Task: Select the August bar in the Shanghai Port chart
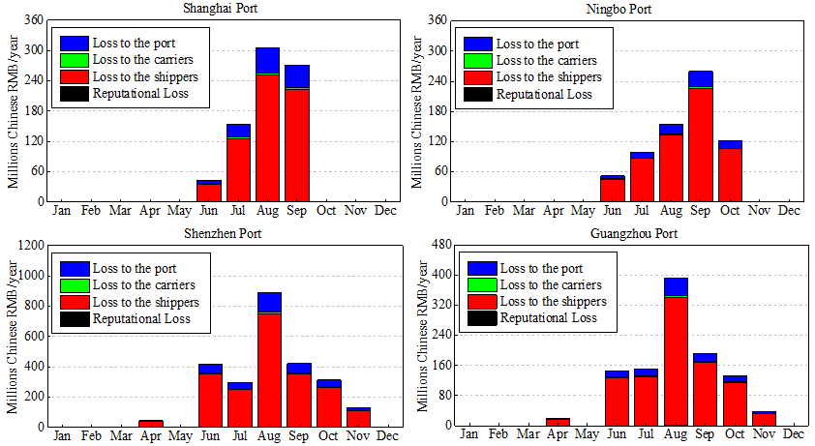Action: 267,126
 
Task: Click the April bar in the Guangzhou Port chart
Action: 558,422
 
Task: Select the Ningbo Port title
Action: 625,9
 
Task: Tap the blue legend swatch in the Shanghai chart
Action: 75,44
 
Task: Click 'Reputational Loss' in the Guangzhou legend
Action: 549,317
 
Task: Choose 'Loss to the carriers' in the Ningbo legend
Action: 549,60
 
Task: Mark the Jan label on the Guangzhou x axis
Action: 468,434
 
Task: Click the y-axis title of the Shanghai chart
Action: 15,111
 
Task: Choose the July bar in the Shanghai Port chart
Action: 238,164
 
